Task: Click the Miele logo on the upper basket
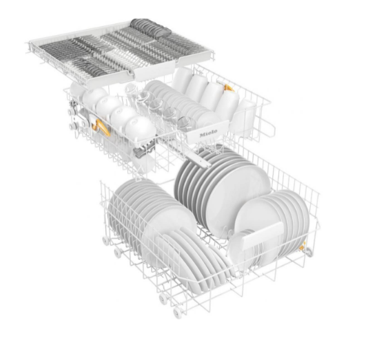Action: point(208,133)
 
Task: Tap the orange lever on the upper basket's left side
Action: point(101,127)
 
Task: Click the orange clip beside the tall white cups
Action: point(229,88)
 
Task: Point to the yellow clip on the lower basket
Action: point(303,246)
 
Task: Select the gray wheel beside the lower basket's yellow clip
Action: point(309,252)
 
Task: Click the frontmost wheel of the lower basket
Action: point(177,313)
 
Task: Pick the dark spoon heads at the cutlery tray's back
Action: point(150,28)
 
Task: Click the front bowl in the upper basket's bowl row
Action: point(140,129)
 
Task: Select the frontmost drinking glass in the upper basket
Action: point(185,123)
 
